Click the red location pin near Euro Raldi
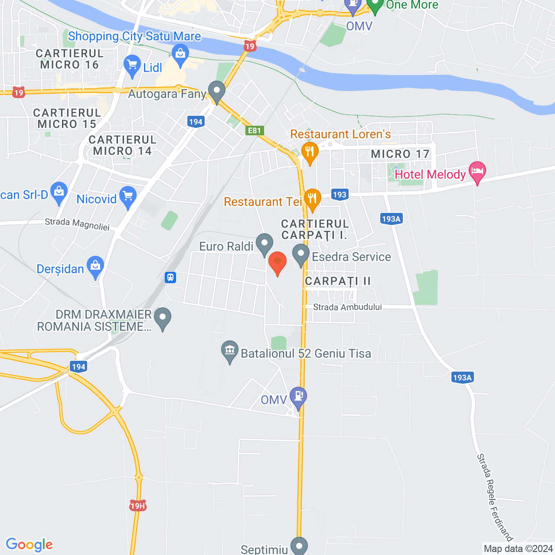coord(277,263)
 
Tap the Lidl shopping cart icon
coord(132,65)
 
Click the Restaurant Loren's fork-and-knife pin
coord(310,152)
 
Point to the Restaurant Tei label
coord(263,202)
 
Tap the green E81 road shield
coord(255,131)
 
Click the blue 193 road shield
coord(340,195)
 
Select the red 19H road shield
coord(137,506)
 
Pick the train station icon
coord(170,277)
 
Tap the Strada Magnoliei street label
coord(77,224)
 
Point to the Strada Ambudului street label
coord(347,307)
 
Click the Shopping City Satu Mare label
coord(134,36)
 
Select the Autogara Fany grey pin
coord(216,91)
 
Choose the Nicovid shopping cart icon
coord(128,197)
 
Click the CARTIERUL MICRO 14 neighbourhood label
coord(122,145)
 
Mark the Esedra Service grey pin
coord(300,255)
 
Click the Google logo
coord(29,545)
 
